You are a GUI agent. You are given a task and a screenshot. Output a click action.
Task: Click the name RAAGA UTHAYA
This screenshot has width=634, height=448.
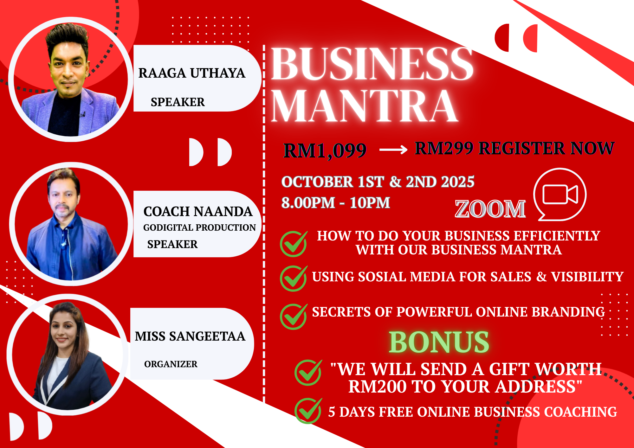click(x=192, y=73)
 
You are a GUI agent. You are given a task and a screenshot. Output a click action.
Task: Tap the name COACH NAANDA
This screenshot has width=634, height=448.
click(x=198, y=212)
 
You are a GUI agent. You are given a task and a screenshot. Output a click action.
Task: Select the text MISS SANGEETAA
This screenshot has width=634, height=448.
click(x=190, y=336)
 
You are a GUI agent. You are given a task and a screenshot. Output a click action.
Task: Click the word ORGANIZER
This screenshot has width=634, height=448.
click(x=171, y=364)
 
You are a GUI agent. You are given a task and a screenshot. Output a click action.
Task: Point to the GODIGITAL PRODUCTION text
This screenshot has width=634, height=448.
click(x=199, y=227)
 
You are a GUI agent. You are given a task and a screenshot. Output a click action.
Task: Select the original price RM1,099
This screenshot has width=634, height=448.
click(x=325, y=150)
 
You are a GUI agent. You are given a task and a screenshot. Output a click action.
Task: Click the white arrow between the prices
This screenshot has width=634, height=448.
click(x=393, y=149)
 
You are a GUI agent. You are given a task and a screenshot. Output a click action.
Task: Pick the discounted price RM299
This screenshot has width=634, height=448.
click(x=444, y=148)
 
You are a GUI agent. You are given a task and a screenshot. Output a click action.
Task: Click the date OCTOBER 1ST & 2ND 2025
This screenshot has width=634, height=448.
click(x=378, y=182)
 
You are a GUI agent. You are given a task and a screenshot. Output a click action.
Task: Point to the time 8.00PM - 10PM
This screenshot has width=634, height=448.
click(x=336, y=203)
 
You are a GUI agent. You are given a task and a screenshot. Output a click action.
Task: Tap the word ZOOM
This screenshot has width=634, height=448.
click(x=490, y=209)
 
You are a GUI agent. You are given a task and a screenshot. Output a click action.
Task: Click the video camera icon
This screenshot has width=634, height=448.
click(x=560, y=194)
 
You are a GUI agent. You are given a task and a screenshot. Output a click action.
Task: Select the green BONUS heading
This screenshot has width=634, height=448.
click(x=439, y=342)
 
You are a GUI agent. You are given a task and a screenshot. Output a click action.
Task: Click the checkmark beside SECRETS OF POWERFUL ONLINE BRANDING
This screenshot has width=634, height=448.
click(x=294, y=316)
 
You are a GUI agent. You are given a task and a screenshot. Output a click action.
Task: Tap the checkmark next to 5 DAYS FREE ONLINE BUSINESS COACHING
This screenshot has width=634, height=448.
click(x=308, y=411)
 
